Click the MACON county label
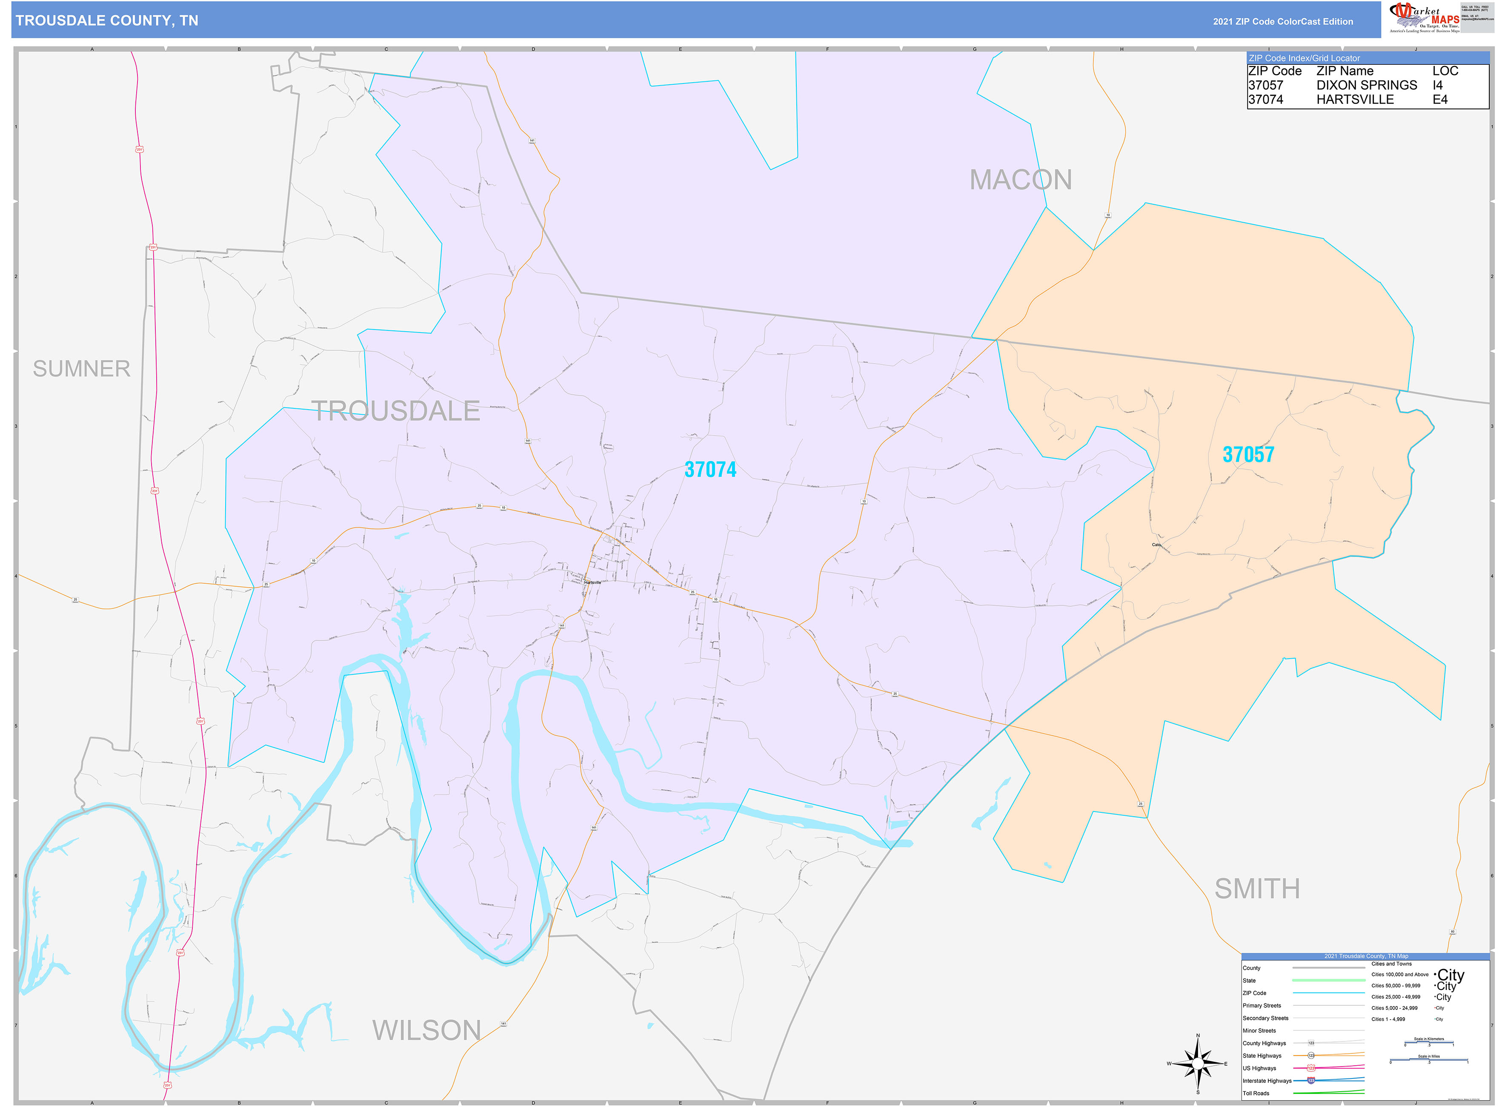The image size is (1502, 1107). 1020,180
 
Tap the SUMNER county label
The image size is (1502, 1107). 82,369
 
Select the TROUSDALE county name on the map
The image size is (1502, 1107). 396,411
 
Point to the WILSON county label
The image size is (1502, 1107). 427,1030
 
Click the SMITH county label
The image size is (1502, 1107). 1257,889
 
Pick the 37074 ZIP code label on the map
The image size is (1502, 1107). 710,470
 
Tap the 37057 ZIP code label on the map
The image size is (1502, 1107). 1248,454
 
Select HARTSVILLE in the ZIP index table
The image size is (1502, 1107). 1355,99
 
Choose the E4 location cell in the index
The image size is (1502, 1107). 1440,99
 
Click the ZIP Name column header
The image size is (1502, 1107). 1344,71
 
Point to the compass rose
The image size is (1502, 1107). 1198,1064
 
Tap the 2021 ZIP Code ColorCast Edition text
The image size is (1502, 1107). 1282,21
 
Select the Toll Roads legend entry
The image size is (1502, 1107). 1256,1093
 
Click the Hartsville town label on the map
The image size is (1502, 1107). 592,582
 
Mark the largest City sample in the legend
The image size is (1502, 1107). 1451,975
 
